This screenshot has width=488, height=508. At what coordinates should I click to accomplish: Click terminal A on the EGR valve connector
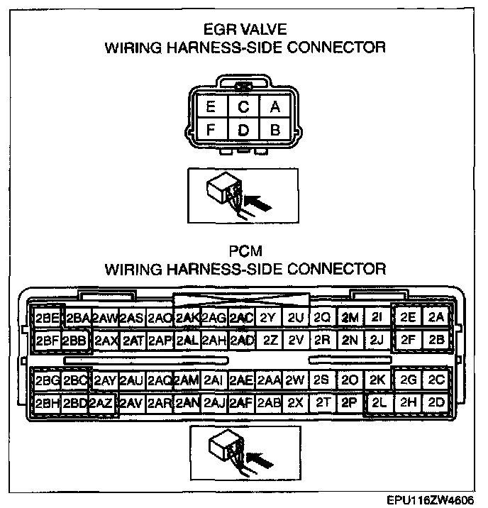tap(275, 107)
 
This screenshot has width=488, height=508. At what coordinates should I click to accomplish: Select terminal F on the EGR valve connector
tap(211, 130)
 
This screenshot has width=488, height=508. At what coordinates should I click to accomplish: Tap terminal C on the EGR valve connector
tap(243, 107)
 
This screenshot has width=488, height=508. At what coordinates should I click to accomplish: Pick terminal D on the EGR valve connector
tap(243, 130)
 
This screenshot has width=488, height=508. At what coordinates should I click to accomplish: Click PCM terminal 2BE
tap(47, 317)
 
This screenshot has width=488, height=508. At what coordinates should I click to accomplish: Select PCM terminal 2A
tap(436, 317)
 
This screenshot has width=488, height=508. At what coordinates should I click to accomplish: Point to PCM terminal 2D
tap(436, 402)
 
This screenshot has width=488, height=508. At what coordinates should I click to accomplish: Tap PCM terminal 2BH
tap(47, 403)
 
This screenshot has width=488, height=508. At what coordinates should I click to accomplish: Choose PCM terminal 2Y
tap(267, 317)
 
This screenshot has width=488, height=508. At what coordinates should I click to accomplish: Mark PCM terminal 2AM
tap(187, 380)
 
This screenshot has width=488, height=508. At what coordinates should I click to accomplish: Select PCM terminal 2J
tap(376, 339)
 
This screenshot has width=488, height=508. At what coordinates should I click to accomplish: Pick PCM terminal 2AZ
tap(101, 403)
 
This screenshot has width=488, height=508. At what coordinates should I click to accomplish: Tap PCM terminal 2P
tap(348, 402)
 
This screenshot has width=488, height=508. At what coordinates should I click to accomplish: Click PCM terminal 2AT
tap(133, 340)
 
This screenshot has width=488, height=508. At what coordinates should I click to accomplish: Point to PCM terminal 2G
tap(409, 380)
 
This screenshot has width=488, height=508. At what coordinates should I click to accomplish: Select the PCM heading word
tap(244, 251)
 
